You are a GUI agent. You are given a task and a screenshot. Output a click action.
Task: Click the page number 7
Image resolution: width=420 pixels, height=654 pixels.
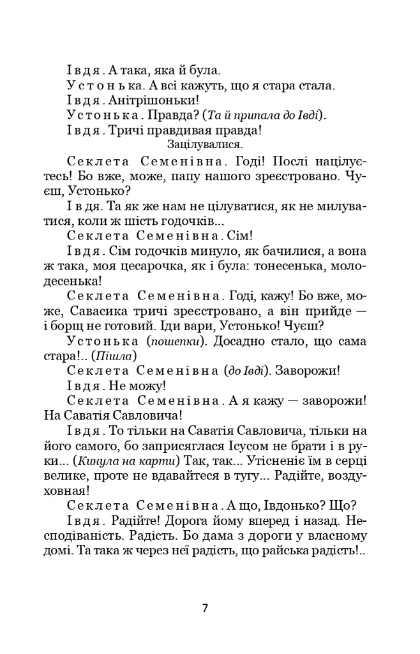pos(205,608)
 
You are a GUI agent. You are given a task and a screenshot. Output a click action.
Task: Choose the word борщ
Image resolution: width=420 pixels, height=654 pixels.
pos(93,328)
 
